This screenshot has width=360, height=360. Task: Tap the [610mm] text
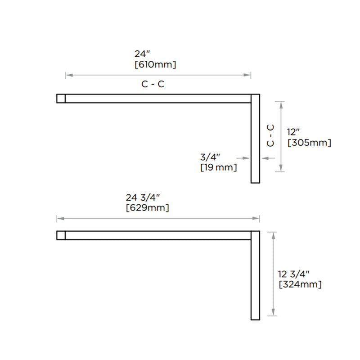155,65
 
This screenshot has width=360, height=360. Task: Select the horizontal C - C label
153,85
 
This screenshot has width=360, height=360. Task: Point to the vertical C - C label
270,135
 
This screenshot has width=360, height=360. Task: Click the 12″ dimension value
293,132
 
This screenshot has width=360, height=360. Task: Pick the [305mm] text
309,143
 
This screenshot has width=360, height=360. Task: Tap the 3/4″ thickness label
210,157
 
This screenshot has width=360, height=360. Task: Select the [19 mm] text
218,168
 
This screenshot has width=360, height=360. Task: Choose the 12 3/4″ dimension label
294,274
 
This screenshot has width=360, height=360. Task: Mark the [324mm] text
300,284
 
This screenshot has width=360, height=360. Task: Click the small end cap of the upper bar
61,98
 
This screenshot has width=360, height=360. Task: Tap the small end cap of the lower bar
61,235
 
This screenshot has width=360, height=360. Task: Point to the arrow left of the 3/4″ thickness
243,158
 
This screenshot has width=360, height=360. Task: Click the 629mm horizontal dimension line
157,219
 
